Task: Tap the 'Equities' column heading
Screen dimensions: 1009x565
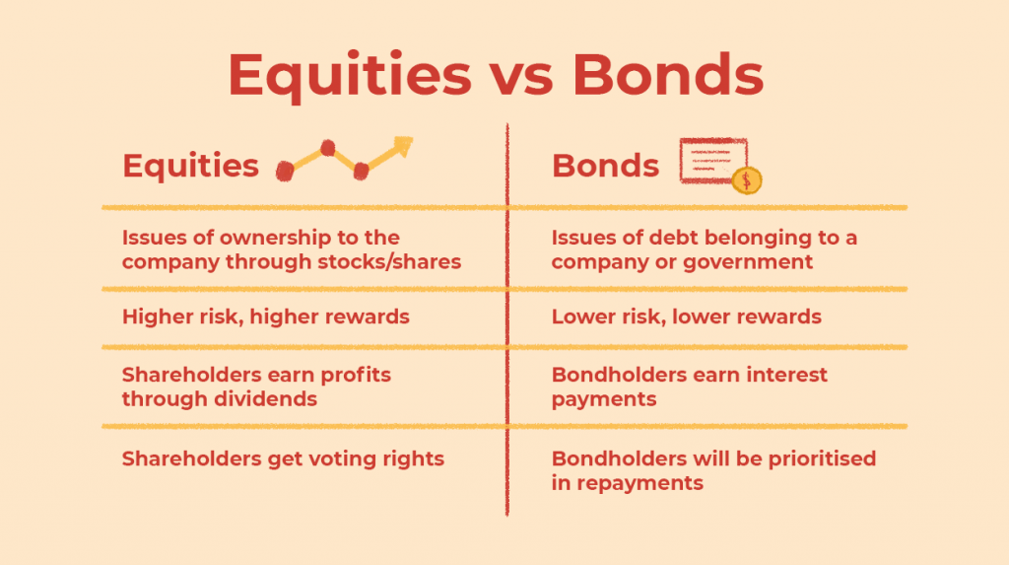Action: click(190, 166)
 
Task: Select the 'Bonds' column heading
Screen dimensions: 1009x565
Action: click(606, 166)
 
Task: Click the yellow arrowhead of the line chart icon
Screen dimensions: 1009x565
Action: click(402, 146)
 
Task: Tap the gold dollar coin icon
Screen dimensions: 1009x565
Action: click(747, 179)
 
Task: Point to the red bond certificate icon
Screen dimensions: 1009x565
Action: click(713, 161)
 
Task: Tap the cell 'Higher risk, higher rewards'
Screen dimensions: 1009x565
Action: click(266, 317)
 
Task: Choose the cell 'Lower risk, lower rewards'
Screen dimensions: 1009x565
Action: click(687, 317)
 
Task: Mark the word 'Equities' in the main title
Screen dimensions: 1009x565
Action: click(350, 77)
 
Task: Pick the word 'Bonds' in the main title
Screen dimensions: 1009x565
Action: click(668, 75)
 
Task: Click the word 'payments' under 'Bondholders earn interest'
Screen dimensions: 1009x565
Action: click(604, 399)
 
